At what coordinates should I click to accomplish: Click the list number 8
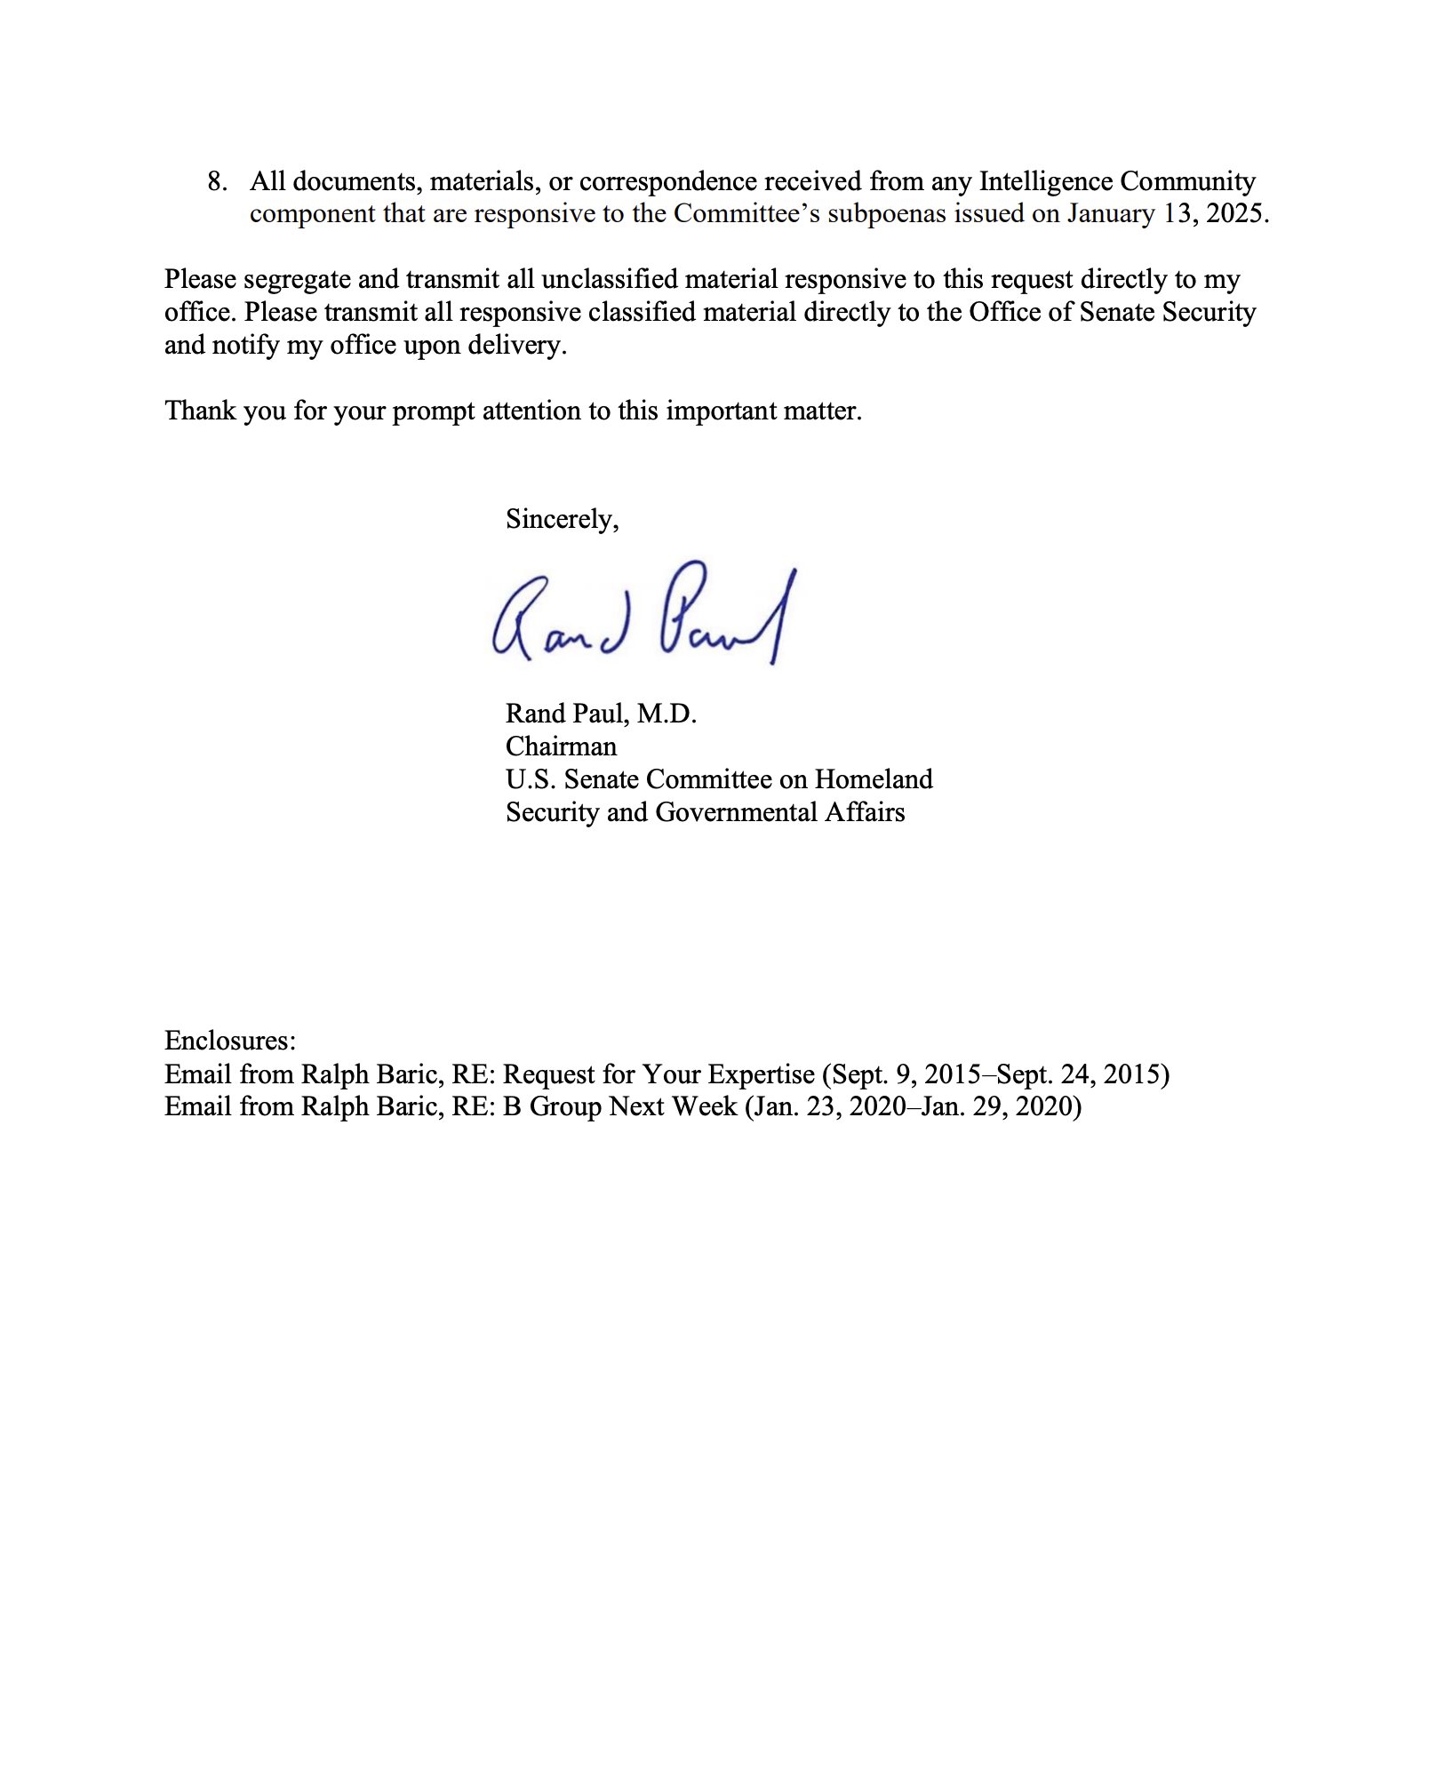point(216,182)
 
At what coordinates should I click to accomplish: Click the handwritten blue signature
point(643,614)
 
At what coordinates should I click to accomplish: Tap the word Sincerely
point(560,519)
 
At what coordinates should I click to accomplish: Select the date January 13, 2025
point(1166,214)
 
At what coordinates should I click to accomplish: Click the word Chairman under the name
point(561,746)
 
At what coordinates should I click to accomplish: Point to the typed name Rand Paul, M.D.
point(601,714)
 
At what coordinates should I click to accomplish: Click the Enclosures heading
point(230,1041)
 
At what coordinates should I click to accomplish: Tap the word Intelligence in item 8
point(1045,182)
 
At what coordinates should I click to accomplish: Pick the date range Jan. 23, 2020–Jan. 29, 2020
point(912,1107)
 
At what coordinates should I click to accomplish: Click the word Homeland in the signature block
point(874,779)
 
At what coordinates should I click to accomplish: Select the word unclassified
point(609,280)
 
